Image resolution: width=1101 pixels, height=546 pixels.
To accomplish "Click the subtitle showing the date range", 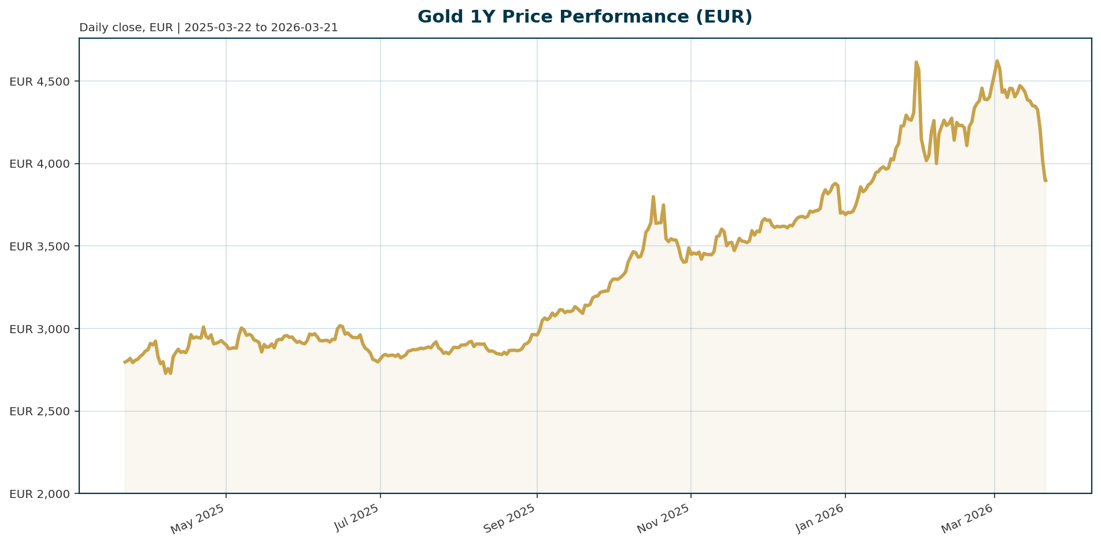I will pos(208,28).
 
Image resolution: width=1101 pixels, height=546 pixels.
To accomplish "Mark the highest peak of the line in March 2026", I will pos(997,61).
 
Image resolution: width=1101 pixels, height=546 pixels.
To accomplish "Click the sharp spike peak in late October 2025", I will pos(653,197).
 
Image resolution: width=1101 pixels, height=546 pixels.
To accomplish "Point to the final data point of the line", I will pos(1045,180).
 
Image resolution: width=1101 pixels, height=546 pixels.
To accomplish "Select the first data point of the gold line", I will pos(125,362).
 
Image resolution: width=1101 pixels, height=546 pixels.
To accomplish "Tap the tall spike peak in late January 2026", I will pos(916,62).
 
